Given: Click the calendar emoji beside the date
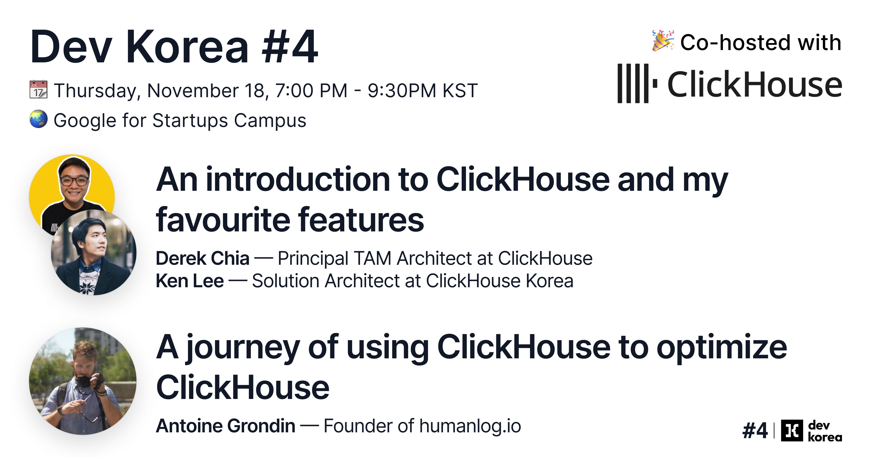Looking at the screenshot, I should pyautogui.click(x=38, y=89).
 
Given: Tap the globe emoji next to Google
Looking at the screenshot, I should pyautogui.click(x=38, y=119).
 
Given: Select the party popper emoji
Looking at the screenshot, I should pyautogui.click(x=662, y=41).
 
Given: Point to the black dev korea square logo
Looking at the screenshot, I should pyautogui.click(x=792, y=431).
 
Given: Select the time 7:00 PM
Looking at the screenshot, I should pyautogui.click(x=311, y=91).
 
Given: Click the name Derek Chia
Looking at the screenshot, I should pyautogui.click(x=202, y=258).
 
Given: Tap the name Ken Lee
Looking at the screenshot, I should pyautogui.click(x=189, y=281).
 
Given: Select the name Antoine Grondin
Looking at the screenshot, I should pyautogui.click(x=225, y=426).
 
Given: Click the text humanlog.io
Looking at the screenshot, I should pyautogui.click(x=470, y=426).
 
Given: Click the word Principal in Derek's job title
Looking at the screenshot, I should pyautogui.click(x=313, y=258).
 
